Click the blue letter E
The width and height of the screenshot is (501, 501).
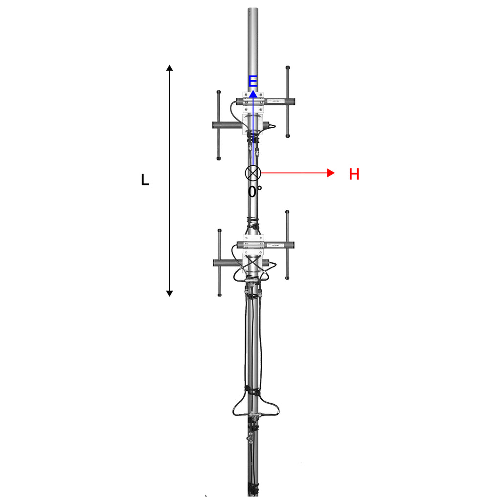pyautogui.click(x=253, y=81)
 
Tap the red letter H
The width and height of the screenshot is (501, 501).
pyautogui.click(x=354, y=174)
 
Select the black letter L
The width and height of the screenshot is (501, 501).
pyautogui.click(x=145, y=180)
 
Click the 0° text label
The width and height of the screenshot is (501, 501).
pyautogui.click(x=254, y=192)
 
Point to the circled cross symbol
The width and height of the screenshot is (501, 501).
pyautogui.click(x=253, y=173)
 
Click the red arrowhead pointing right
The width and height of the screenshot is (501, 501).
pyautogui.click(x=331, y=173)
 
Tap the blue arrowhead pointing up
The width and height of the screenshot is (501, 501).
pyautogui.click(x=253, y=93)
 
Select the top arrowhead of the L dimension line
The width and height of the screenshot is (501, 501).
pyautogui.click(x=170, y=68)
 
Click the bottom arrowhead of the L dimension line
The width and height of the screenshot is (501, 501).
pyautogui.click(x=170, y=294)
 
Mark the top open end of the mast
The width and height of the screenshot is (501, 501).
pyautogui.click(x=253, y=9)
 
